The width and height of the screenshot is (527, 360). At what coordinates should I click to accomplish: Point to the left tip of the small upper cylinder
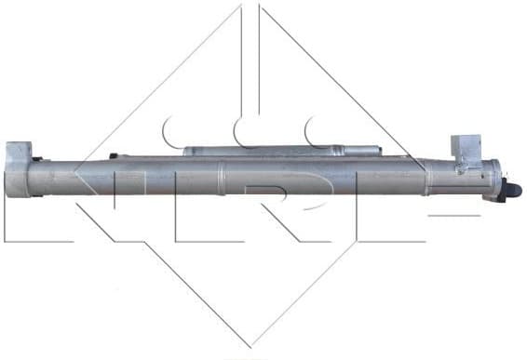[184, 151]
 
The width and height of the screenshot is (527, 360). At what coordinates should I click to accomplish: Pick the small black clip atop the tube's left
[113, 155]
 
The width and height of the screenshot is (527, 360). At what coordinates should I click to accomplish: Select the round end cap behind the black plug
[491, 179]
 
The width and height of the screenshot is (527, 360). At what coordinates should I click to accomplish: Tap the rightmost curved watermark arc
[317, 130]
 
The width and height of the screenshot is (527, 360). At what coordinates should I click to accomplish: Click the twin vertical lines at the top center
[251, 47]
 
